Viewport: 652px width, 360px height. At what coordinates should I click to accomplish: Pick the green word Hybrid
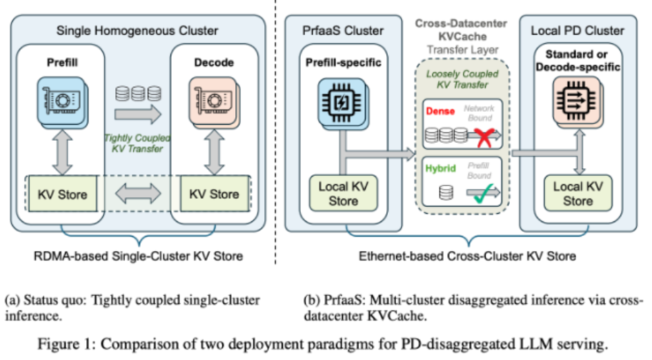point(439,168)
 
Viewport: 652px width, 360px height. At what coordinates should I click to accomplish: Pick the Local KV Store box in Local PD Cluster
point(577,194)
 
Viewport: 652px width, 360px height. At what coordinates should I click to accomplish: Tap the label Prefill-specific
point(343,63)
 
